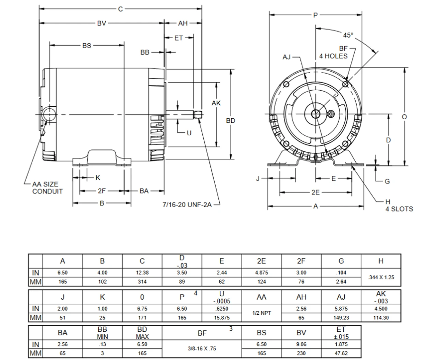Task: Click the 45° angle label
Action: [348, 35]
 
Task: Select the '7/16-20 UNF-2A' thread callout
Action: [187, 205]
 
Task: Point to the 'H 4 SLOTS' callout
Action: [399, 206]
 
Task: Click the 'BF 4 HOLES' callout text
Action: [333, 52]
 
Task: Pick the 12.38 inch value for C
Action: [142, 273]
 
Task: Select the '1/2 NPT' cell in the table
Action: [262, 313]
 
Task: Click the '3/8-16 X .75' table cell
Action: [202, 349]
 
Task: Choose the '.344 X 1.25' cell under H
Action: [381, 277]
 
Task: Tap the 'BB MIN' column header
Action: [102, 333]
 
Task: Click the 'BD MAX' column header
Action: [142, 333]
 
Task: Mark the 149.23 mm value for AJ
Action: [341, 317]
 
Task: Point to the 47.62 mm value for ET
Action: [341, 353]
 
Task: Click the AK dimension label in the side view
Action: [216, 103]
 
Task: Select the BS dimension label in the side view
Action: [87, 45]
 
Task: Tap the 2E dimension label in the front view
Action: [315, 192]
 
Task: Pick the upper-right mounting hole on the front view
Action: [345, 84]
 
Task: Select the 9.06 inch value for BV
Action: [301, 344]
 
